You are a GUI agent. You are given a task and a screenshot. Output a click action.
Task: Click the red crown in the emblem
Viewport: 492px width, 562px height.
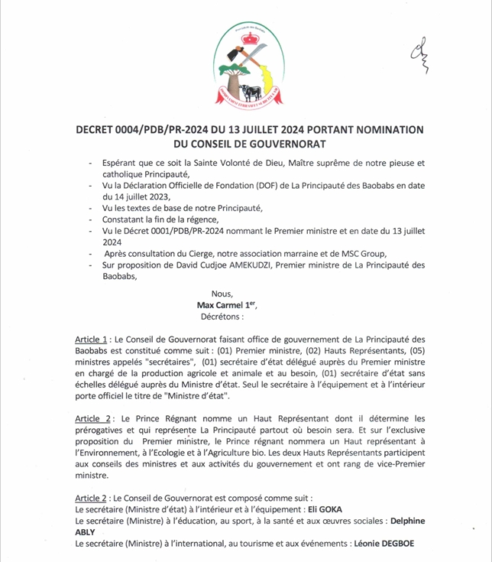247,34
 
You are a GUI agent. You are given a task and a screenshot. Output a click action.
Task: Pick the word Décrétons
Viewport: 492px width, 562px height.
222,315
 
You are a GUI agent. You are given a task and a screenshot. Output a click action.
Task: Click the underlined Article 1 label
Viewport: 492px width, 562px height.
92,338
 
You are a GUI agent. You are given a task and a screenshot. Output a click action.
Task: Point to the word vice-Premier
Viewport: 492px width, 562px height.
413,463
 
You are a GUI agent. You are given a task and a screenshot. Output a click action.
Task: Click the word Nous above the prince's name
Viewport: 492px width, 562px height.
222,294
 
